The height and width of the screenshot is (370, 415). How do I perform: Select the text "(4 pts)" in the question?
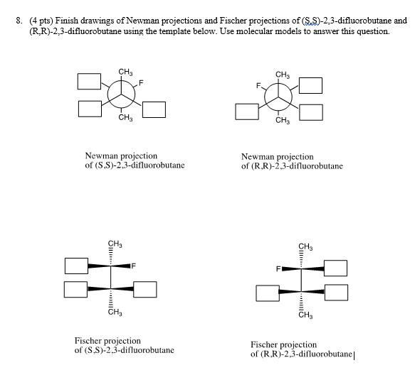(x=39, y=21)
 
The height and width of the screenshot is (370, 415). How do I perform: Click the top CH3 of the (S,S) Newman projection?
(x=125, y=71)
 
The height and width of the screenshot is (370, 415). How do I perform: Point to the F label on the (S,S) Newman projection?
(x=141, y=83)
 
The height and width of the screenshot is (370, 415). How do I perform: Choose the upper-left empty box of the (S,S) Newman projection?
(x=89, y=81)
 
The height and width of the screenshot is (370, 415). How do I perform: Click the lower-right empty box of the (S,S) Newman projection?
(x=154, y=109)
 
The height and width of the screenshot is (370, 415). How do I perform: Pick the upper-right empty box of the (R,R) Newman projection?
(x=311, y=86)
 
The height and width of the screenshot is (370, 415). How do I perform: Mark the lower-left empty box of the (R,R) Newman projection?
(x=247, y=111)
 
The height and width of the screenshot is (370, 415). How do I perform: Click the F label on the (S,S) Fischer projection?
(x=133, y=266)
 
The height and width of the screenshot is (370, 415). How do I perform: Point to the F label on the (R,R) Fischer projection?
(x=280, y=269)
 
